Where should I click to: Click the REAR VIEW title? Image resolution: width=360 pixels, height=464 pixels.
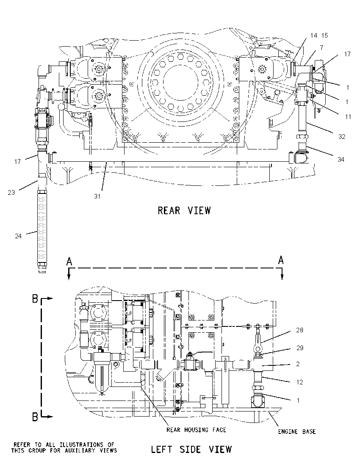pos(184,210)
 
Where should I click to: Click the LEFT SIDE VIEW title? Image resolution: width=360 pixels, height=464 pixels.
pos(191,449)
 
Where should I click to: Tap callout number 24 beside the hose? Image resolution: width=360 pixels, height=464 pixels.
pos(18,236)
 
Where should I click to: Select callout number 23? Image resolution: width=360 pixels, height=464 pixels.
pos(11,193)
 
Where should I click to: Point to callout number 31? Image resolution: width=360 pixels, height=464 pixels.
pos(97,196)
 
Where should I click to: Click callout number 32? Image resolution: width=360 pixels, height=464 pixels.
pos(342,137)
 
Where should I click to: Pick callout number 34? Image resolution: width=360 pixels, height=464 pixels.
pos(341,160)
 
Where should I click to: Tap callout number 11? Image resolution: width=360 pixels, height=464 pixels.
pos(348,117)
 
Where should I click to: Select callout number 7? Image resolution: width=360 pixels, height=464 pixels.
pos(321,48)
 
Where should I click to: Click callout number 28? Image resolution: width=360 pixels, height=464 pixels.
pos(299,330)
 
